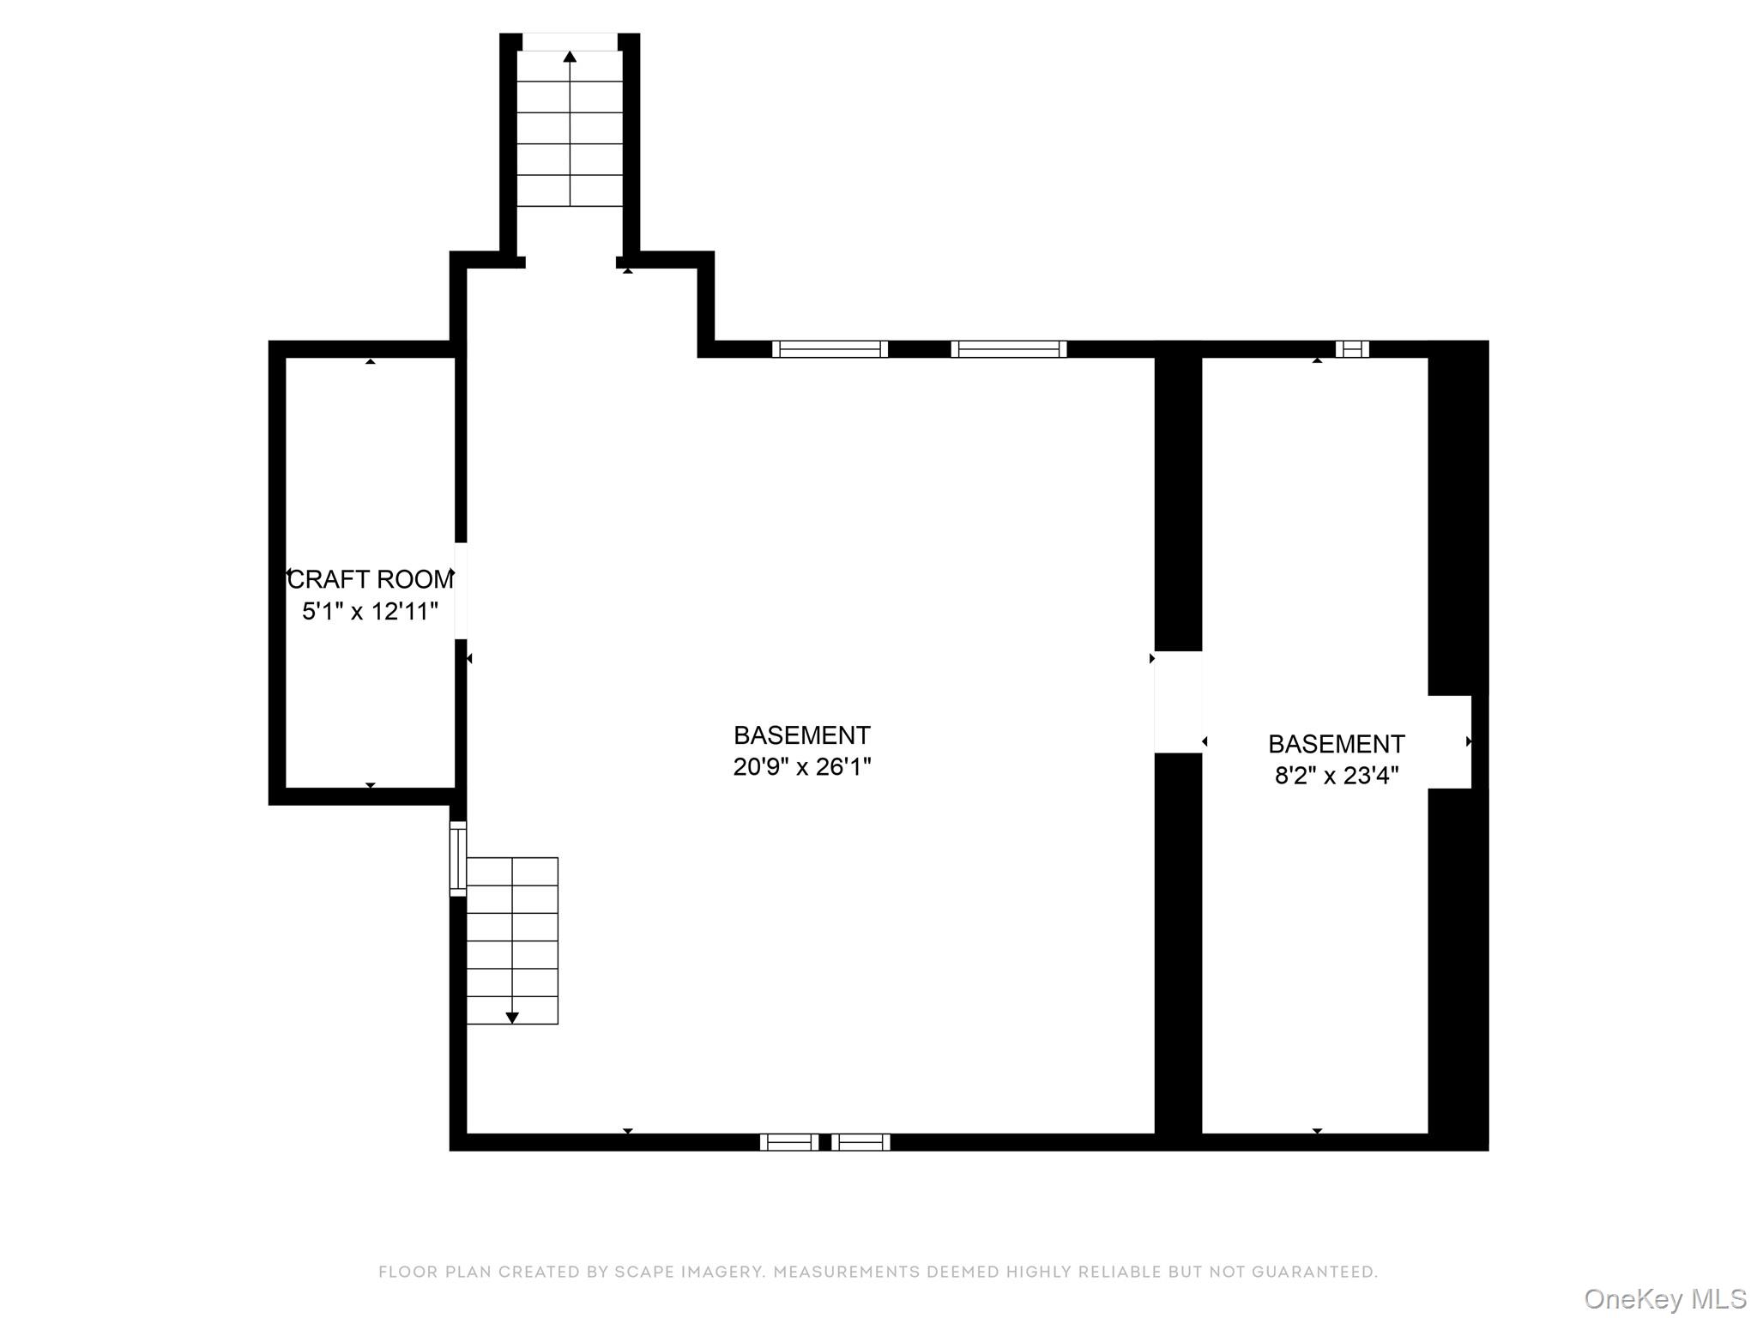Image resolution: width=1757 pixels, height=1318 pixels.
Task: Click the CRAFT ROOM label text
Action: tap(371, 580)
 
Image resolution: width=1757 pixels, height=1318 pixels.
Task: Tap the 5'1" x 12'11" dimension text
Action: tap(371, 612)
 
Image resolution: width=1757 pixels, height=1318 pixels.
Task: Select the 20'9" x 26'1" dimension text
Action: tap(802, 766)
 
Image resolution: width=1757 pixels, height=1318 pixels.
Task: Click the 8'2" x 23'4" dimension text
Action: tap(1337, 776)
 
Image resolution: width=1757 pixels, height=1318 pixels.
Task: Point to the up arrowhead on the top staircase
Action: tap(570, 57)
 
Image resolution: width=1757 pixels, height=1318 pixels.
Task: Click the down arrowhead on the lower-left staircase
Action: tap(512, 1018)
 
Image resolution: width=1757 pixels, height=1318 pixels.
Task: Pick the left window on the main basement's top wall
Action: tap(830, 349)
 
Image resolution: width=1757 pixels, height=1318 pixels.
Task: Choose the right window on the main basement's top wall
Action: tap(1009, 349)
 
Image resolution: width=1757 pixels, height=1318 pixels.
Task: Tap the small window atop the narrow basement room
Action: tap(1352, 349)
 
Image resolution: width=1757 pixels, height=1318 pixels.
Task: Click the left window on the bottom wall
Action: tap(789, 1142)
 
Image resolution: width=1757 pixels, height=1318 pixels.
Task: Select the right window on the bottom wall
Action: tap(860, 1142)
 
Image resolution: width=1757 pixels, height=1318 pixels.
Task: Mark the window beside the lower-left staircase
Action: tap(458, 859)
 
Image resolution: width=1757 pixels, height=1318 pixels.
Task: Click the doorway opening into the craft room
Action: tap(461, 591)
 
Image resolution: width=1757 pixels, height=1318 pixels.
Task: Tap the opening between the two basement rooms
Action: tap(1178, 702)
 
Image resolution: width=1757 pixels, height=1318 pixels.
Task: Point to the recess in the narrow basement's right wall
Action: tap(1450, 742)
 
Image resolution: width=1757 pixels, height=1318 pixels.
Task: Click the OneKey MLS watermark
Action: tap(1665, 1298)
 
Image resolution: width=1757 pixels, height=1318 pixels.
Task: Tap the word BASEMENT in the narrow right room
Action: tap(1337, 744)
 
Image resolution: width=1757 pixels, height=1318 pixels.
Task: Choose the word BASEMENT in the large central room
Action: tap(802, 735)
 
